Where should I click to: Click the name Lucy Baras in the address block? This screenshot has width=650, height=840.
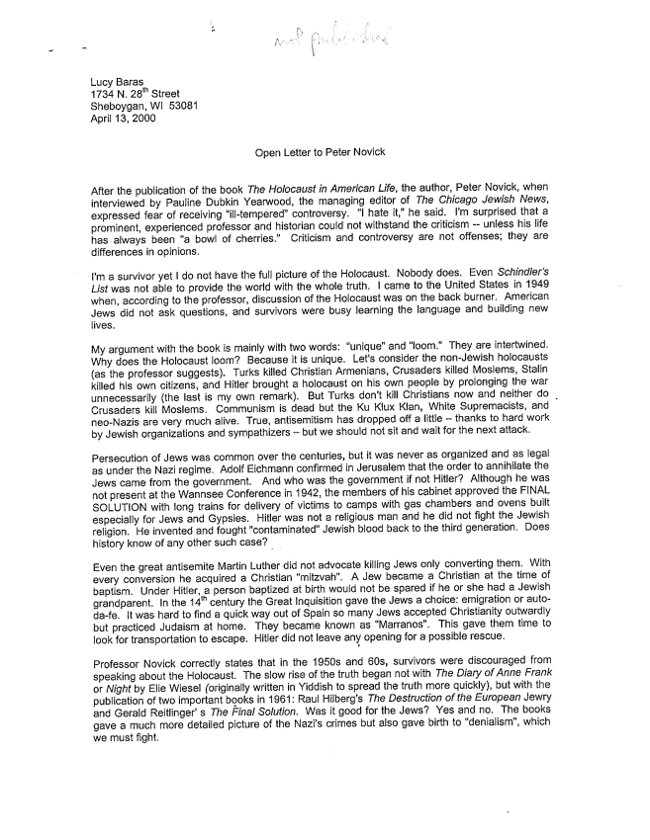tap(118, 82)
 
